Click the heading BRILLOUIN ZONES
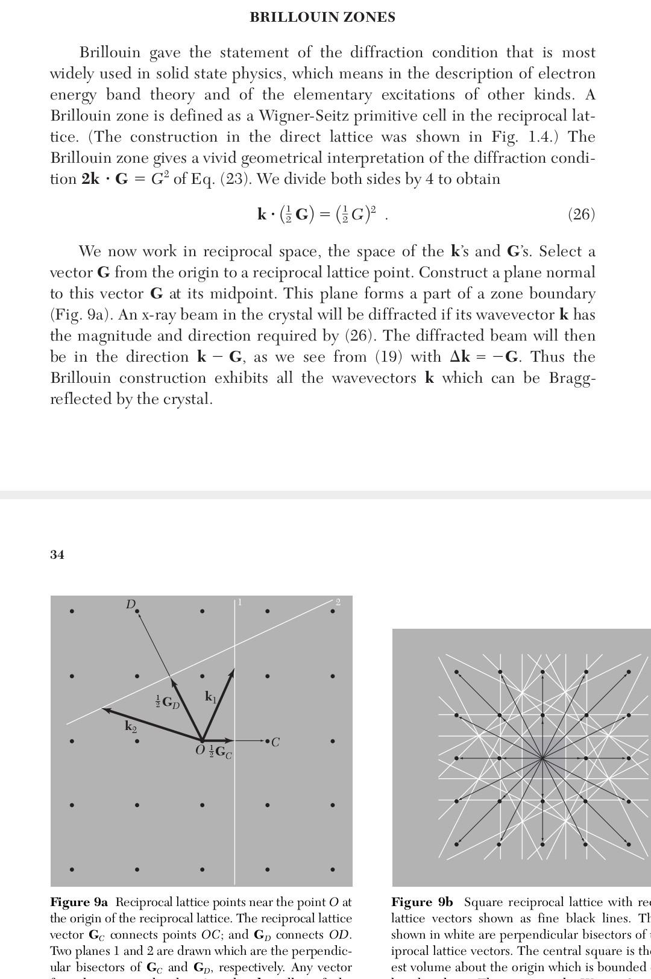click(x=322, y=17)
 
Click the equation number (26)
click(x=581, y=215)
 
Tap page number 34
click(x=57, y=555)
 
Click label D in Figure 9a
click(x=130, y=604)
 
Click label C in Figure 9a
click(x=275, y=742)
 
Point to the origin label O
click(x=200, y=751)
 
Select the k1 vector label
click(x=210, y=697)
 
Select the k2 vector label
click(x=131, y=726)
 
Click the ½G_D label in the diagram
click(x=168, y=702)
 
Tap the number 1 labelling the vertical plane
click(x=240, y=602)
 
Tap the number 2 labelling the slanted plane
click(x=338, y=602)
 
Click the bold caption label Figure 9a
click(x=79, y=902)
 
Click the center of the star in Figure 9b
click(x=543, y=758)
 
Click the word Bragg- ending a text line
click(x=572, y=378)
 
